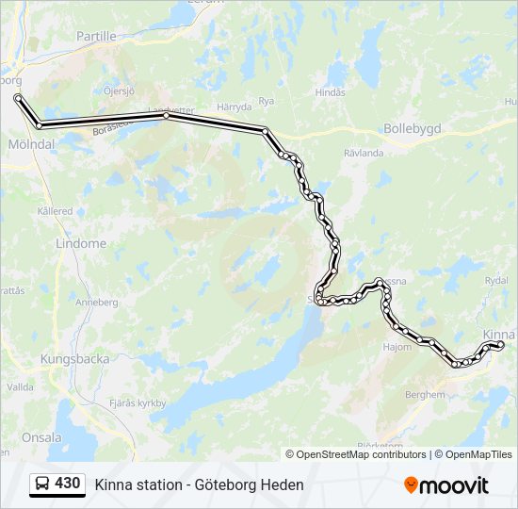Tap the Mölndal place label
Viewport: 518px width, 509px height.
click(32, 144)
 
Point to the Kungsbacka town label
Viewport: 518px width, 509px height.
click(74, 359)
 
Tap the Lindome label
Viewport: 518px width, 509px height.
click(81, 243)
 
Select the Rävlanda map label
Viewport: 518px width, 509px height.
click(364, 152)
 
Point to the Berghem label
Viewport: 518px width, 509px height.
click(423, 395)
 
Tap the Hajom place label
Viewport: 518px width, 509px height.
click(397, 347)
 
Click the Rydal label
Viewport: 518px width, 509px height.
click(495, 281)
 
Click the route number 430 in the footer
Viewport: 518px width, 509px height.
click(68, 484)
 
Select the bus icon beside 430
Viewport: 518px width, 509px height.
click(42, 484)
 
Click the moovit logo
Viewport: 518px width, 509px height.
click(446, 485)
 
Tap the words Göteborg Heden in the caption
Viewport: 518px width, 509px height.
click(252, 484)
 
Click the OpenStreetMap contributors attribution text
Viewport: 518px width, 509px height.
click(362, 454)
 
